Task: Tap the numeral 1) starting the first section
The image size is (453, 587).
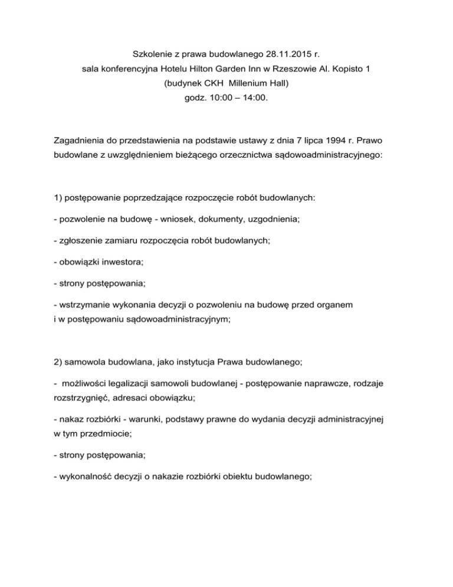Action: click(x=57, y=198)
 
